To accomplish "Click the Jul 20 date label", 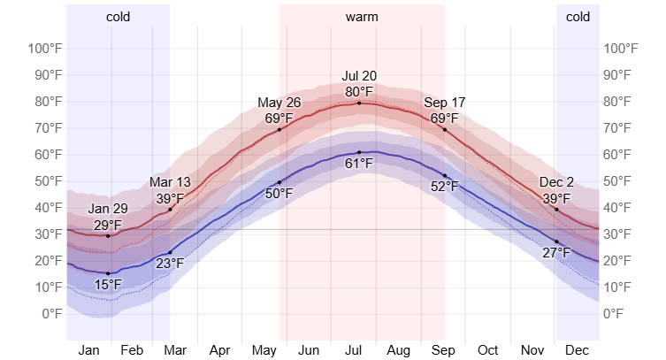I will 359,76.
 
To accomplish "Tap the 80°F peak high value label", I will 359,91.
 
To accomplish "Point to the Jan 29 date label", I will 108,210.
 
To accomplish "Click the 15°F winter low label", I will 108,285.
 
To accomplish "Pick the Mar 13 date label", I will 170,183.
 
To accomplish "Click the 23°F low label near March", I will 170,263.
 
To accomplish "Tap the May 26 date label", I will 279,103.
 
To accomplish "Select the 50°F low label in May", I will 279,194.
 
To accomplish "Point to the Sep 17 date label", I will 444,103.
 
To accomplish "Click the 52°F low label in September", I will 444,187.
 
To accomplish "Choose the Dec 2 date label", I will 556,183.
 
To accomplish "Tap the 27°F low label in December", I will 556,253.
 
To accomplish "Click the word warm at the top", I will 361,17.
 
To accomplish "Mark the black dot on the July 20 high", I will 359,103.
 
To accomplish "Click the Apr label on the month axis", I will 219,350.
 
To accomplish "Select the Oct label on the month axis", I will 488,350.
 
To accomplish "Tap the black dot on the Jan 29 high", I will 108,236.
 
